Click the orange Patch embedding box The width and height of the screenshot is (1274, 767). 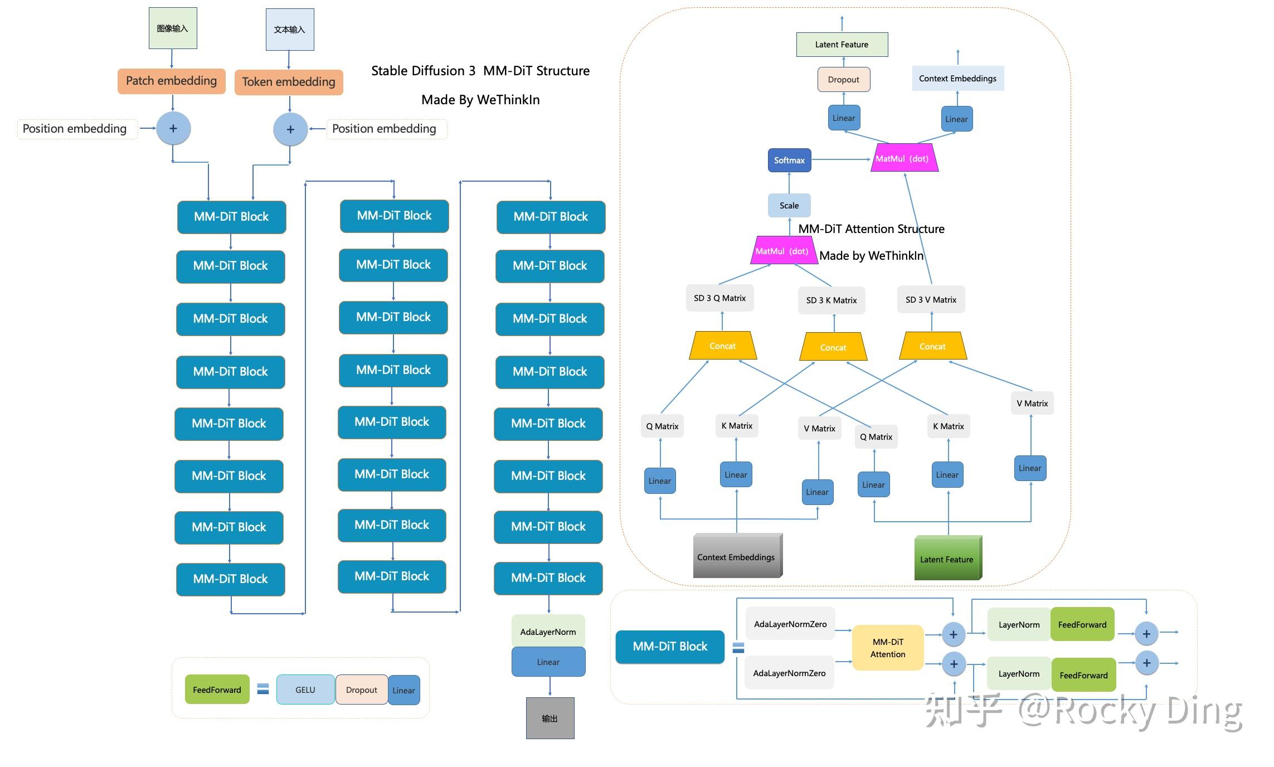(x=171, y=81)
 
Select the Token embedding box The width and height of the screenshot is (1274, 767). (x=289, y=82)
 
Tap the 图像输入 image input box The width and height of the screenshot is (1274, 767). (x=173, y=28)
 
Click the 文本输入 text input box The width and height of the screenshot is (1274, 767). (x=290, y=30)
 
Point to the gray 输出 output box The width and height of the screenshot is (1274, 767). (x=550, y=718)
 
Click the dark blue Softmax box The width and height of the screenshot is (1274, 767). (x=789, y=160)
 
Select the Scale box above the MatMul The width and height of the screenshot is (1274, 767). (x=789, y=205)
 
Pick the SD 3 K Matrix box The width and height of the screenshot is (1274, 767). (x=831, y=300)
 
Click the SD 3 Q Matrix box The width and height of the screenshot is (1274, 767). (x=719, y=298)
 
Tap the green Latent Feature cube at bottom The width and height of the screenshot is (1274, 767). (x=947, y=558)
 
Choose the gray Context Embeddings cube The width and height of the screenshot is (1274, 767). (x=737, y=556)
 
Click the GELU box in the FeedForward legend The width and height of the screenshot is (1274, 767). (x=305, y=690)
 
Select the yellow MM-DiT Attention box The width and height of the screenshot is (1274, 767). (x=888, y=648)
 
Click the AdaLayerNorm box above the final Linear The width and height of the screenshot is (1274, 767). (x=548, y=632)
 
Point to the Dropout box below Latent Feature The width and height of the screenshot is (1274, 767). (x=844, y=79)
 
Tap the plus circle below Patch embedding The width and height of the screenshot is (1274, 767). (x=173, y=128)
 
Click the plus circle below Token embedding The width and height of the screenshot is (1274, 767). (x=290, y=129)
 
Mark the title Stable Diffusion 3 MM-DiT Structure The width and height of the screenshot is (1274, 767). (x=480, y=71)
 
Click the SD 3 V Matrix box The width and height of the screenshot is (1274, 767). (x=931, y=300)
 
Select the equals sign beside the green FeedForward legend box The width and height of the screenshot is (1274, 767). (x=263, y=689)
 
